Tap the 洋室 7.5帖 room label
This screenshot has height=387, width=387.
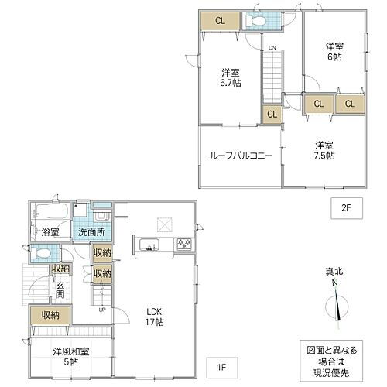tap(324, 150)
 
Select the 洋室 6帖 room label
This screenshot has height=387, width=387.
tap(334, 51)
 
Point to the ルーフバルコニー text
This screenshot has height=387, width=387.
tap(240, 156)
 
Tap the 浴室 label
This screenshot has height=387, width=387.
tap(49, 231)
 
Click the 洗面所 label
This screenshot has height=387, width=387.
tap(91, 231)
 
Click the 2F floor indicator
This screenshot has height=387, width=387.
tap(346, 207)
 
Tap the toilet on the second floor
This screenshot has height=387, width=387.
tap(257, 22)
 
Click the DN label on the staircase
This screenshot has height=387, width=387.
tap(272, 49)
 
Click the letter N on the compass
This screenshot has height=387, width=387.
tap(335, 284)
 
